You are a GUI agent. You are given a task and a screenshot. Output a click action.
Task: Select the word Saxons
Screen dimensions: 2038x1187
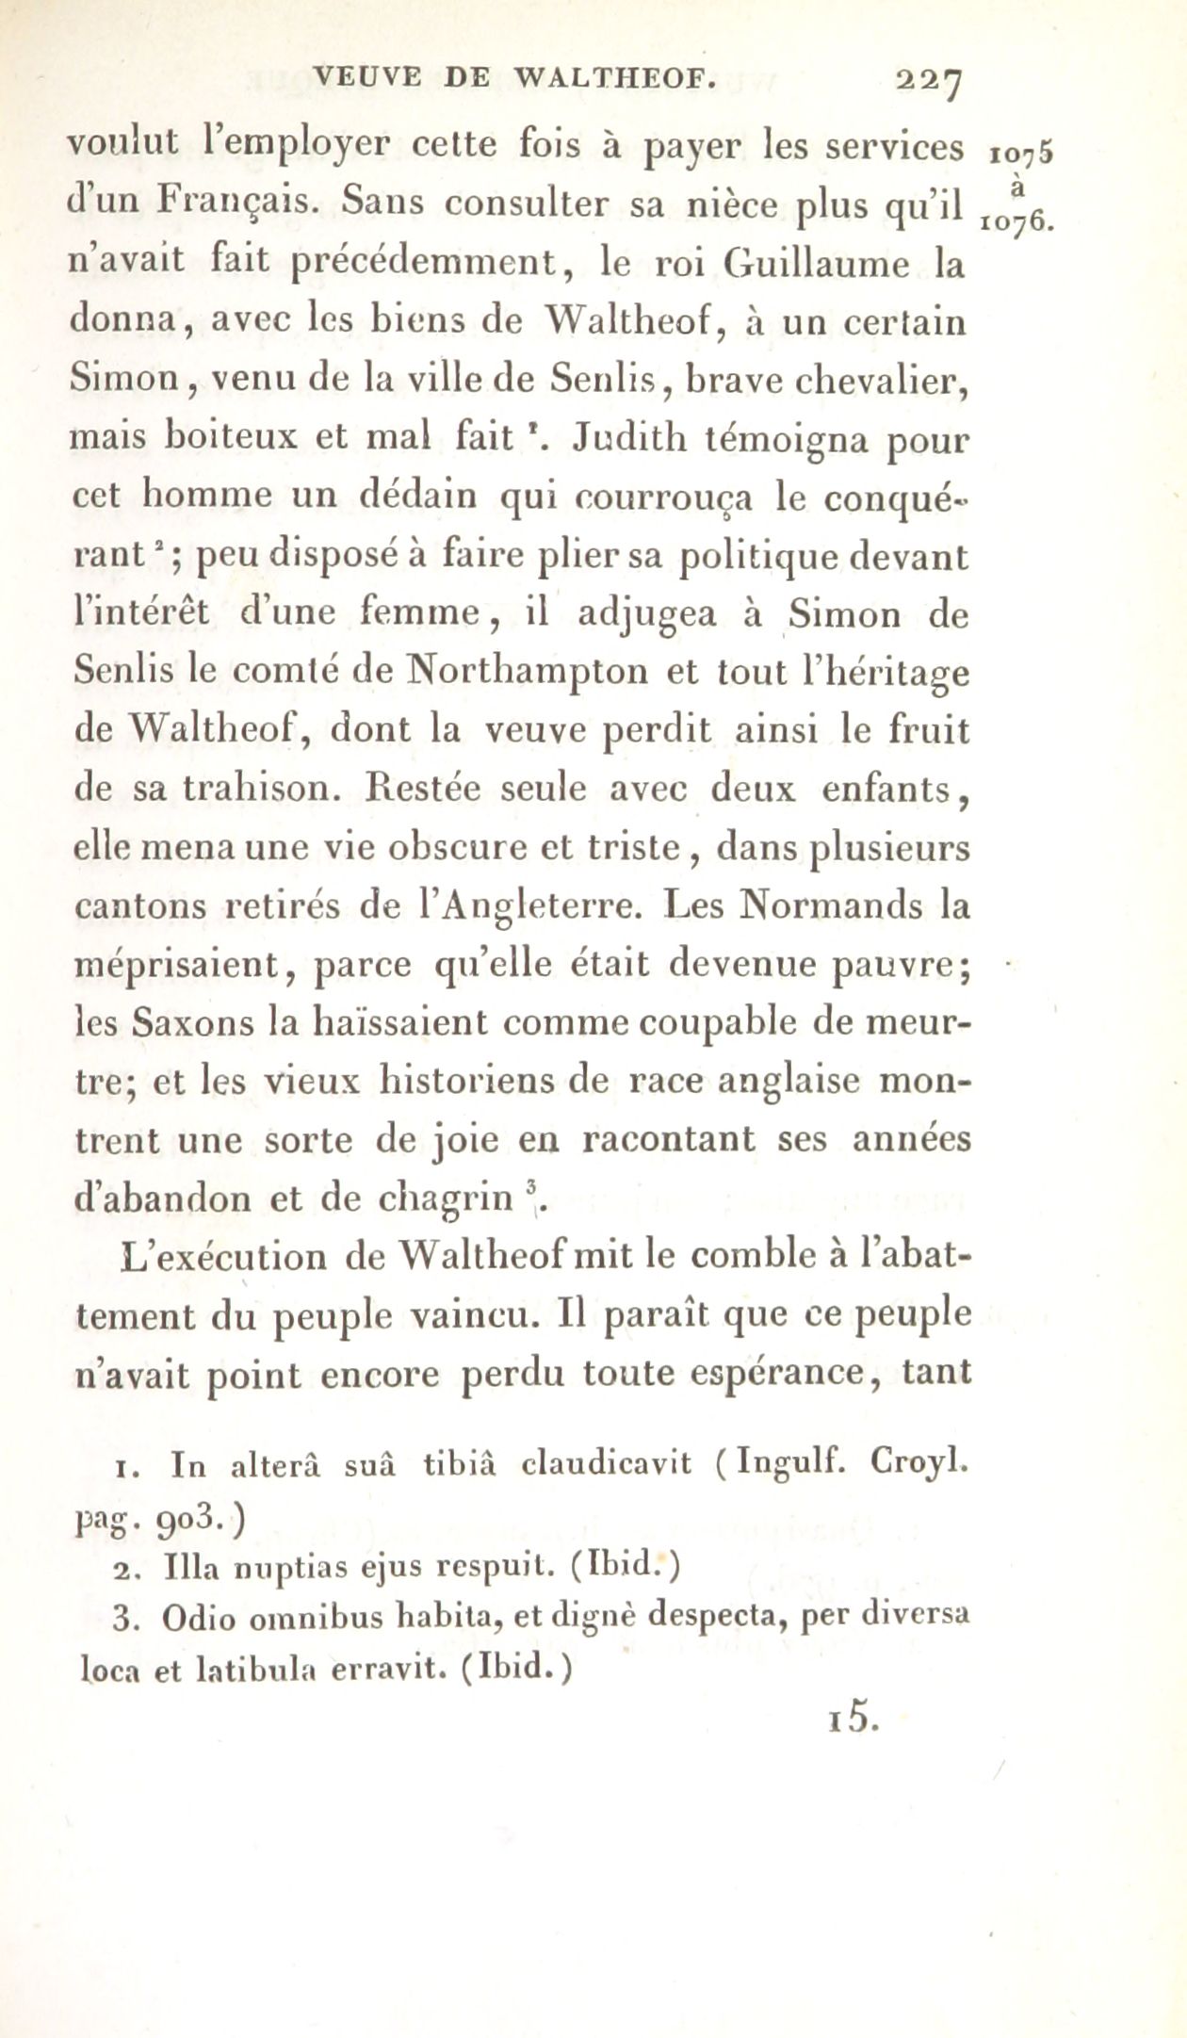(x=192, y=1023)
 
